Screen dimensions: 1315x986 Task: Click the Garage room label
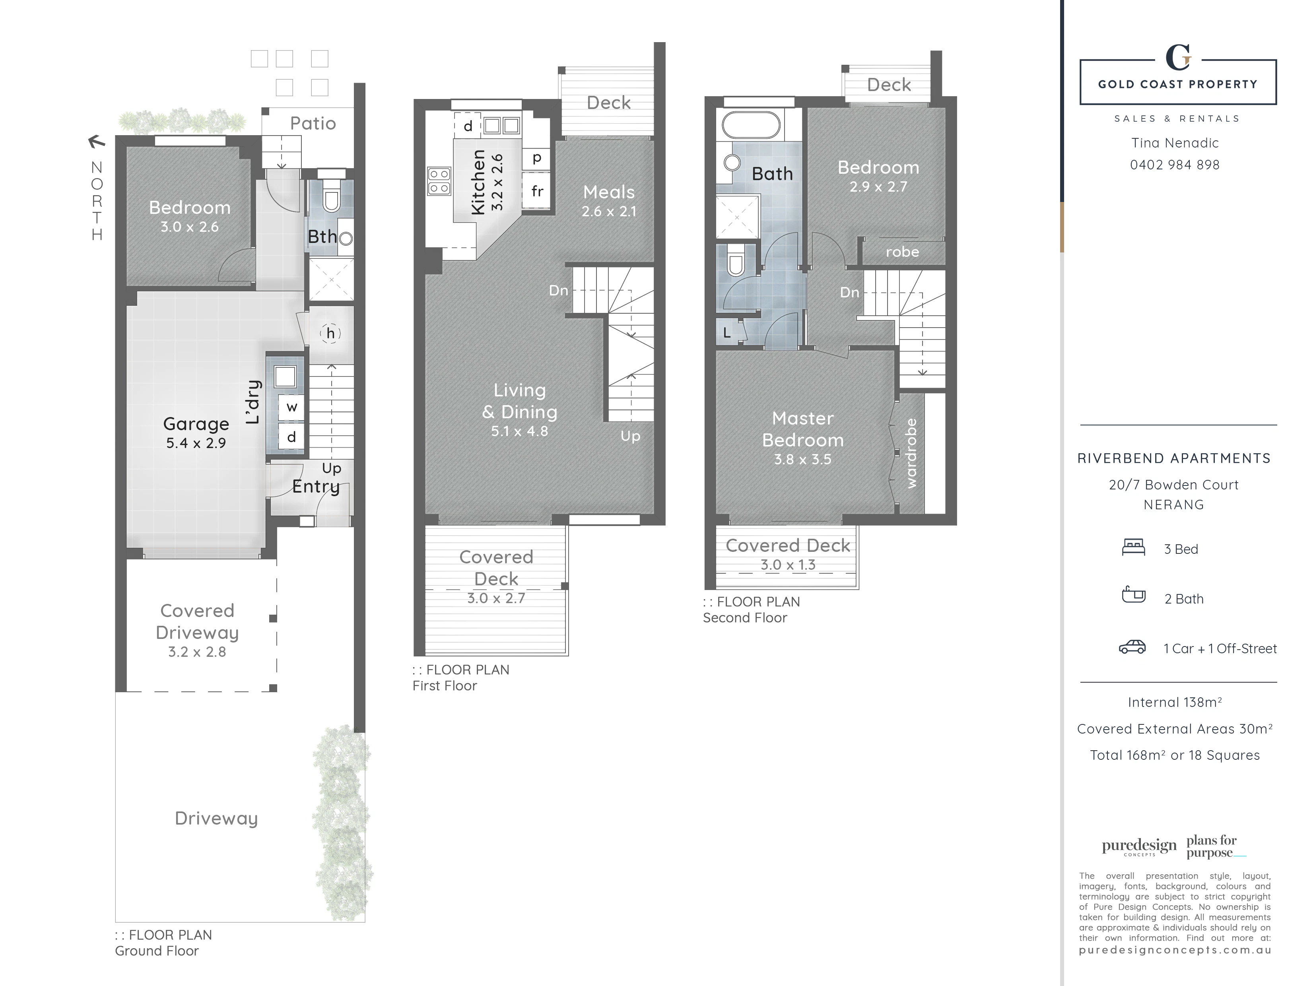tap(196, 424)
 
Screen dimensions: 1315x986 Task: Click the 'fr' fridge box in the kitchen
tap(536, 191)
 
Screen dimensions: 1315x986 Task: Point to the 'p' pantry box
tap(536, 158)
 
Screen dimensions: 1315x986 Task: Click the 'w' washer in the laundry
tap(291, 407)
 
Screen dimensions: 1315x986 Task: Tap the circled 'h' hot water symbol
tap(330, 334)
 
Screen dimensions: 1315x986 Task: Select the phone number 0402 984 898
tap(1175, 165)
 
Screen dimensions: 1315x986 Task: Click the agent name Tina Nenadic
tap(1175, 143)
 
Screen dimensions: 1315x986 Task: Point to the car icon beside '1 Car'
tap(1132, 647)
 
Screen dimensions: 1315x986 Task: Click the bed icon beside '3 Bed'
tap(1133, 547)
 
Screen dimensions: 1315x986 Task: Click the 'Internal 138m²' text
tap(1175, 703)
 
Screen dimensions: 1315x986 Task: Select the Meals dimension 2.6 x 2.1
tap(609, 212)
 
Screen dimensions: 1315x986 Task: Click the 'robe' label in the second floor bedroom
tap(902, 252)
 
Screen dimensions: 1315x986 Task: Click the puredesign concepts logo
tap(1139, 846)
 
